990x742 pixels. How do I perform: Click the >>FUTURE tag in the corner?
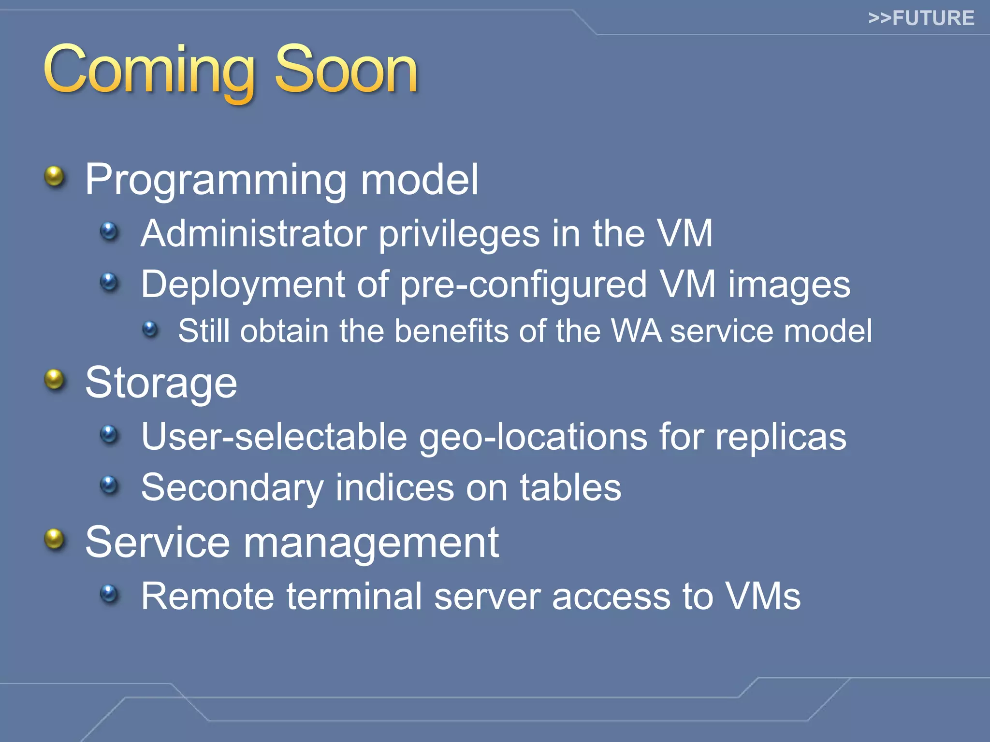pyautogui.click(x=921, y=18)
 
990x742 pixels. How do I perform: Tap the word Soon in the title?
pyautogui.click(x=346, y=71)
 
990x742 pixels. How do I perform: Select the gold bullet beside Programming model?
pyautogui.click(x=54, y=176)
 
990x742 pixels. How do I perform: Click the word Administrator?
pyautogui.click(x=254, y=234)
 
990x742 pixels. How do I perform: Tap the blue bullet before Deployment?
pyautogui.click(x=109, y=282)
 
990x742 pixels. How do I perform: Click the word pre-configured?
pyautogui.click(x=524, y=285)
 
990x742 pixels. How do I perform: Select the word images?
pyautogui.click(x=789, y=285)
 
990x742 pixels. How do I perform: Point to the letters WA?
pyautogui.click(x=636, y=331)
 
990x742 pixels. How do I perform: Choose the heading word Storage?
pyautogui.click(x=161, y=384)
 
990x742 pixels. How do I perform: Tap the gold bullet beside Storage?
pyautogui.click(x=54, y=380)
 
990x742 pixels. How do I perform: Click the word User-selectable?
pyautogui.click(x=274, y=437)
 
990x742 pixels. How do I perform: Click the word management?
pyautogui.click(x=371, y=543)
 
